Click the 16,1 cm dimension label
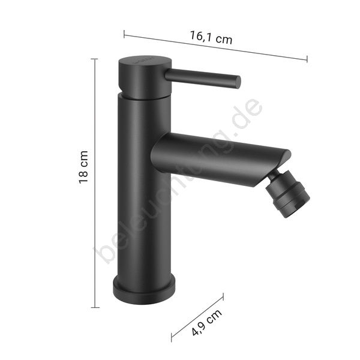point(211,38)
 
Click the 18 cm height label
point(83,167)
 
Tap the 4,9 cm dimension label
point(207,322)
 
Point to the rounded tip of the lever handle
point(238,82)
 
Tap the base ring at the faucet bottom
point(145,290)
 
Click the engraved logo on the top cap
point(144,61)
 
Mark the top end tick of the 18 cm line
point(94,59)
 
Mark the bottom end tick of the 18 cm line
point(95,307)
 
